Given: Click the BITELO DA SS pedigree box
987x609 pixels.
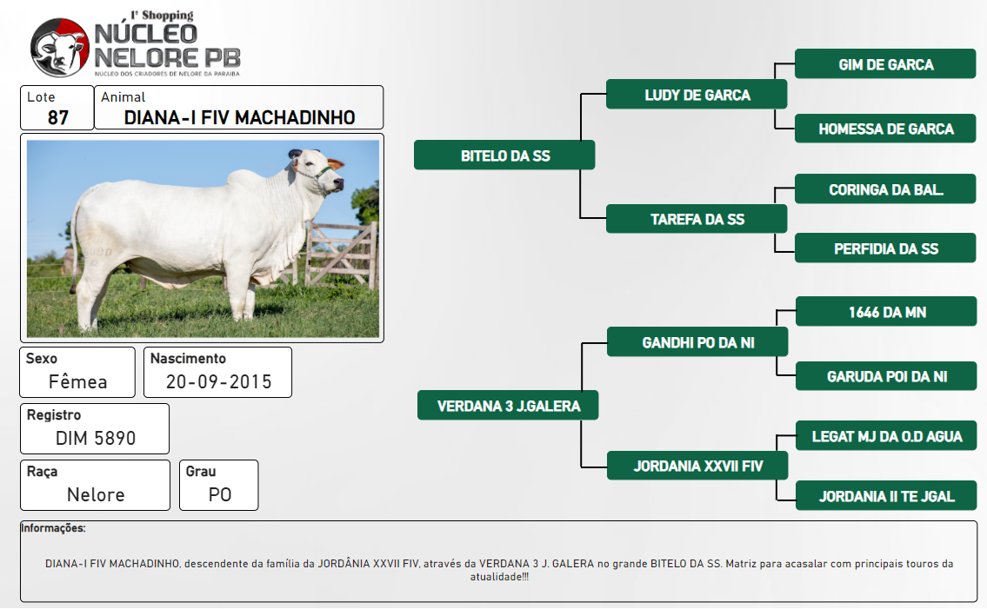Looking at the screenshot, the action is (x=504, y=156).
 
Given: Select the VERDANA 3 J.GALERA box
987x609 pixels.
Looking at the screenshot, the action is (x=508, y=406).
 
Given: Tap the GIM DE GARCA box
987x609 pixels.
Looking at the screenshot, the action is (x=885, y=64).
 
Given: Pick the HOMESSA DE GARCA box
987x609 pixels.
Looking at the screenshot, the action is (x=885, y=129).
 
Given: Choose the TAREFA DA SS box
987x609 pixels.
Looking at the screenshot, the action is (x=697, y=219).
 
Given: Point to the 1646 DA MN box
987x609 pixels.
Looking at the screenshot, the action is (x=886, y=311).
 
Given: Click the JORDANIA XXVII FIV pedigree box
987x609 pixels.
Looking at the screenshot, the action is (x=697, y=466).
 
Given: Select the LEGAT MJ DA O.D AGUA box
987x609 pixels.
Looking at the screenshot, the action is (x=886, y=436).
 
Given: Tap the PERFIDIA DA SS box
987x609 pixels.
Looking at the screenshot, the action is (x=885, y=248).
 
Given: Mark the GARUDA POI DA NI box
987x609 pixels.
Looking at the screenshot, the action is (x=886, y=376).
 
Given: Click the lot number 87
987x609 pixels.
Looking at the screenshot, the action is (x=58, y=117).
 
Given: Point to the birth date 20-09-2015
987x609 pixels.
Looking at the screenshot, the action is (x=218, y=382).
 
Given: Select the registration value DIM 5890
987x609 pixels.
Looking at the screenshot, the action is (x=96, y=438).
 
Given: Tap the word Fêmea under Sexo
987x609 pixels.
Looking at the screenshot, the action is (x=78, y=382).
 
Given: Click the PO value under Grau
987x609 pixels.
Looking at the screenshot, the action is (x=220, y=494).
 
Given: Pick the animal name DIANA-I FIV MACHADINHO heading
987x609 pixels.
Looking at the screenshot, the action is (x=239, y=117).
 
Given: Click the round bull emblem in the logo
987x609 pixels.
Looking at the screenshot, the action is (x=60, y=48).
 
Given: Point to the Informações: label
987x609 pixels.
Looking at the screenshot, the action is (x=54, y=528).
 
